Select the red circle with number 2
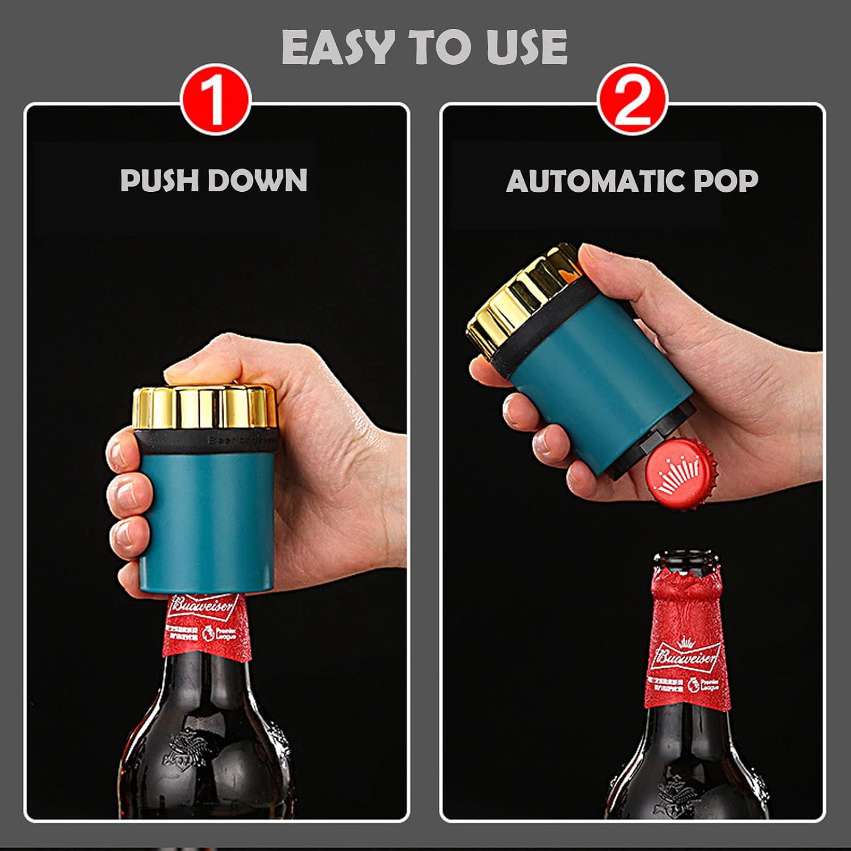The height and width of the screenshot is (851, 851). pyautogui.click(x=632, y=100)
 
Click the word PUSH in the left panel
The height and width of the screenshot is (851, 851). pyautogui.click(x=158, y=180)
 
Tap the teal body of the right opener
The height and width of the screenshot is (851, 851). pyautogui.click(x=601, y=386)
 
